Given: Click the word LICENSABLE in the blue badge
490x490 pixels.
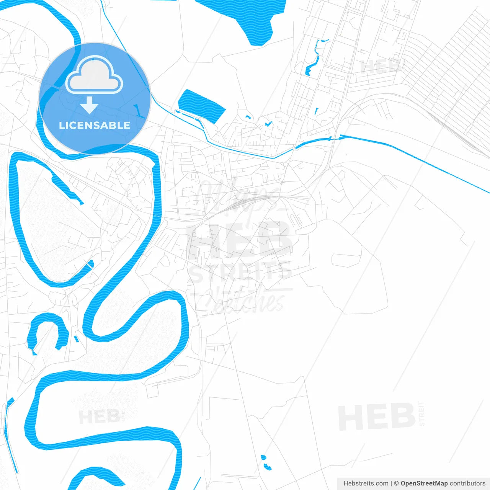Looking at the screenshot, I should pos(95,125).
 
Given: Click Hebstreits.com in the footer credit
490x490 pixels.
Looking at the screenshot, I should pos(366,483).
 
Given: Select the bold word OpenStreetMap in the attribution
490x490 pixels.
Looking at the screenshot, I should pos(424,483).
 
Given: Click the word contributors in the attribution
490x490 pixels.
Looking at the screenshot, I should pos(467,483).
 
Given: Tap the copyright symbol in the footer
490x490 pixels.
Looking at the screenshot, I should pos(397,483).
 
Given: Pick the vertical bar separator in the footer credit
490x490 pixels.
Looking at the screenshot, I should pos(391,483).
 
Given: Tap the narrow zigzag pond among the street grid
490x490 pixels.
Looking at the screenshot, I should pos(314,57).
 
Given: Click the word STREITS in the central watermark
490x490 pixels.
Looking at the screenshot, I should pos(240,273).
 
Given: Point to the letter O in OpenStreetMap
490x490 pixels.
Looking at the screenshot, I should pos(403,483).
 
